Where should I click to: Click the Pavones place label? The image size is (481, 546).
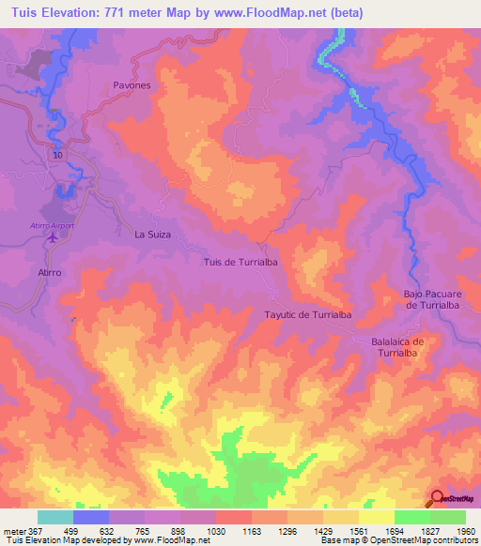pyautogui.click(x=132, y=84)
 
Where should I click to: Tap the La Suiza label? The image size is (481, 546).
pyautogui.click(x=153, y=235)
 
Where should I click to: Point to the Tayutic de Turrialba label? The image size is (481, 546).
pyautogui.click(x=308, y=315)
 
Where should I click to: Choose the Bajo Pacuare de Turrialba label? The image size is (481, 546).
pyautogui.click(x=435, y=299)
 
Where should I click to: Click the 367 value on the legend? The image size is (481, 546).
pyautogui.click(x=27, y=530)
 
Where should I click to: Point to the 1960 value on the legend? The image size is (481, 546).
pyautogui.click(x=466, y=530)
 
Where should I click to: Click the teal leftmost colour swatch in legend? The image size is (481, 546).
pyautogui.click(x=55, y=517)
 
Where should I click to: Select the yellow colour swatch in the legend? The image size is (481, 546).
pyautogui.click(x=377, y=517)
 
